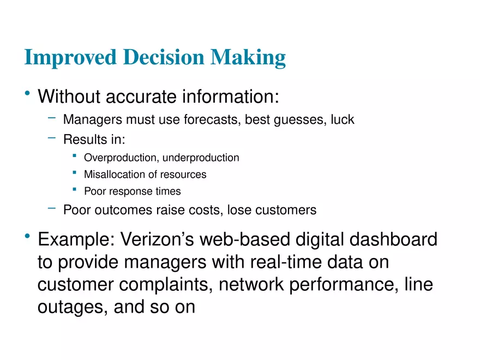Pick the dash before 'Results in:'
51,137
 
